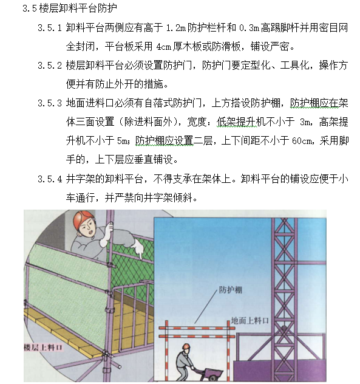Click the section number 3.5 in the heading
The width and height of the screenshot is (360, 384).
(x=28, y=9)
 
